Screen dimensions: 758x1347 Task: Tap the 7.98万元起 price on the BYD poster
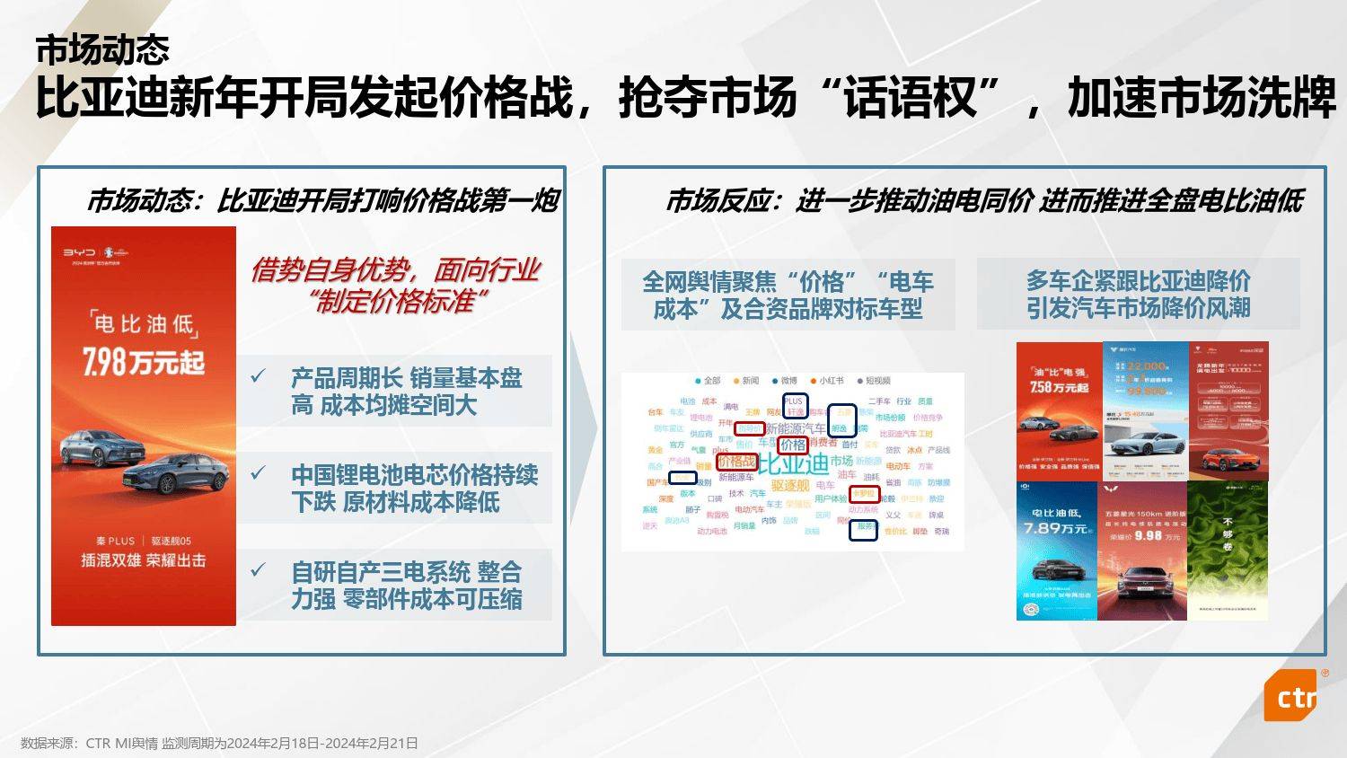[x=144, y=362]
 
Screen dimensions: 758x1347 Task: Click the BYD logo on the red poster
[x=78, y=252]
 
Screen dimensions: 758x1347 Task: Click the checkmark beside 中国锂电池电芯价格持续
[x=259, y=472]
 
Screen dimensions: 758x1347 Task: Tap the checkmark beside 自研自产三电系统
[x=259, y=569]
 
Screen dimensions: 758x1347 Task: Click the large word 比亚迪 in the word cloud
[x=793, y=464]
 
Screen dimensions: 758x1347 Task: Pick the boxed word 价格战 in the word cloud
[x=736, y=462]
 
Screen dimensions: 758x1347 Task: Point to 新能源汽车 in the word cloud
[x=795, y=429]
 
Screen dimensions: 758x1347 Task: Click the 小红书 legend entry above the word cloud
[x=826, y=381]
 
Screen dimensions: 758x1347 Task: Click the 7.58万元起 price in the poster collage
[x=1059, y=387]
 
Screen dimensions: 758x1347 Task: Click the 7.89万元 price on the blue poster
[x=1055, y=529]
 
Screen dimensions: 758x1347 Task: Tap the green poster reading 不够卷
[x=1228, y=550]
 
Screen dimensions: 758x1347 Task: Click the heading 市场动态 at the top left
[x=102, y=50]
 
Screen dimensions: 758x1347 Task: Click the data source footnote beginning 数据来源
[x=219, y=744]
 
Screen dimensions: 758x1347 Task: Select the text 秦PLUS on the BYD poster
[x=115, y=541]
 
